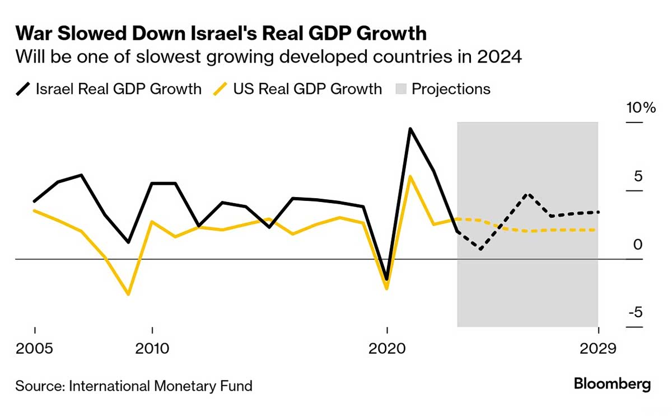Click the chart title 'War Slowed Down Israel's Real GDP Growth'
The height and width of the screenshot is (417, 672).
pyautogui.click(x=221, y=34)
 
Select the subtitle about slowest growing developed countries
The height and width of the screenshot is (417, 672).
pyautogui.click(x=269, y=58)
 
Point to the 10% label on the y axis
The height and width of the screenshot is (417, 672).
pyautogui.click(x=640, y=108)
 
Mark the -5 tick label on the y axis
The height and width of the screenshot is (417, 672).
pyautogui.click(x=636, y=312)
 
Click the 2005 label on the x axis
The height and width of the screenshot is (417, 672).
pyautogui.click(x=35, y=349)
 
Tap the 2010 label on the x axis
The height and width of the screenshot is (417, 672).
pyautogui.click(x=152, y=349)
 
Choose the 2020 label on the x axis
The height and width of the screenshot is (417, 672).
pyautogui.click(x=387, y=349)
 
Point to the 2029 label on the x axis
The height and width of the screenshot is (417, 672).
pyautogui.click(x=598, y=349)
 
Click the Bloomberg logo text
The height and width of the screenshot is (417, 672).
pyautogui.click(x=612, y=385)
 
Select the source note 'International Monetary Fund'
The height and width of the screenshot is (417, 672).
pyautogui.click(x=134, y=386)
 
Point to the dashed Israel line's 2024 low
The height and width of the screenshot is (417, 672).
pyautogui.click(x=480, y=249)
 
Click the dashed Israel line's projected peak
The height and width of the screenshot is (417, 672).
pyautogui.click(x=528, y=194)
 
